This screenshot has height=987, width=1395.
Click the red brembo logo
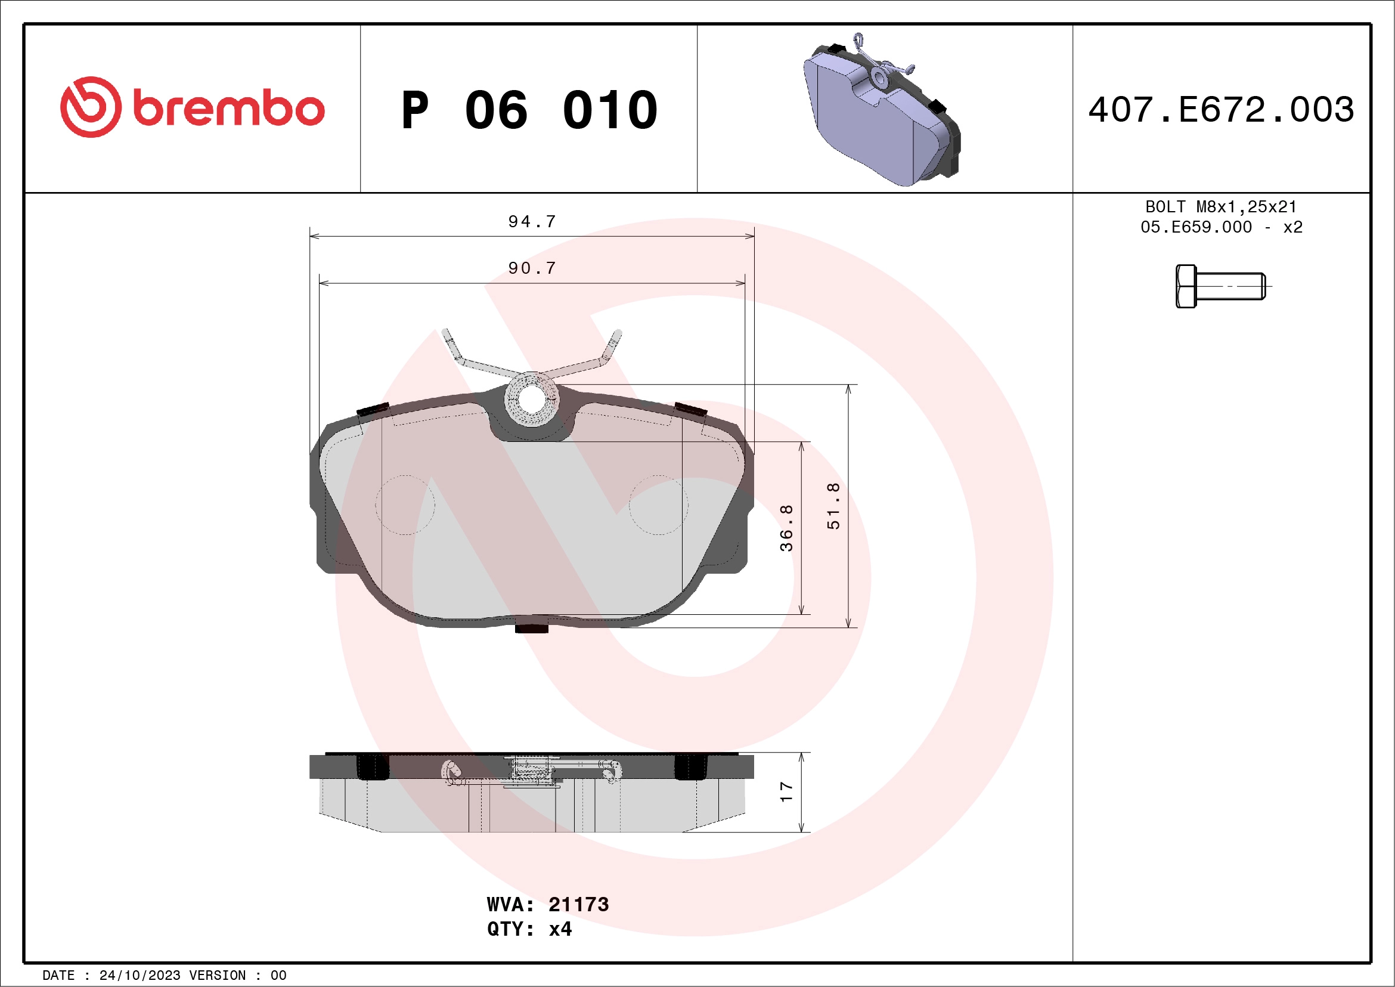pyautogui.click(x=192, y=107)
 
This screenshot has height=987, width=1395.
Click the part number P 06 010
pyautogui.click(x=529, y=110)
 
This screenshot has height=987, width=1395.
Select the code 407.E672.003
pyautogui.click(x=1222, y=110)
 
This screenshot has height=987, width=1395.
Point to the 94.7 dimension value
pyautogui.click(x=532, y=222)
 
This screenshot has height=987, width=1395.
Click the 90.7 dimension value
pyautogui.click(x=532, y=268)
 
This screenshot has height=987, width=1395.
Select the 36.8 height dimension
pyautogui.click(x=786, y=528)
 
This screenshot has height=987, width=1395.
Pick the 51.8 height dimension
pyautogui.click(x=833, y=506)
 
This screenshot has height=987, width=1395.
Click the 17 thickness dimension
pyautogui.click(x=786, y=792)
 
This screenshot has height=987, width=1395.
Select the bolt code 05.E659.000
pyautogui.click(x=1196, y=227)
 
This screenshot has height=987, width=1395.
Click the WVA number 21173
pyautogui.click(x=578, y=905)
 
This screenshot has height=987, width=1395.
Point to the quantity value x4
pyautogui.click(x=560, y=929)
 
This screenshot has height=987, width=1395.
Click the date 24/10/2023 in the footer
pyautogui.click(x=139, y=976)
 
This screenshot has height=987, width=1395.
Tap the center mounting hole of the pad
pyautogui.click(x=532, y=400)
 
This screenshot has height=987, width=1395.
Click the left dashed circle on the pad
pyautogui.click(x=405, y=505)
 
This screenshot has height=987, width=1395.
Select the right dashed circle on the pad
pyautogui.click(x=659, y=505)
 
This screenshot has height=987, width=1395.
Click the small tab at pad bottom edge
pyautogui.click(x=532, y=627)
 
